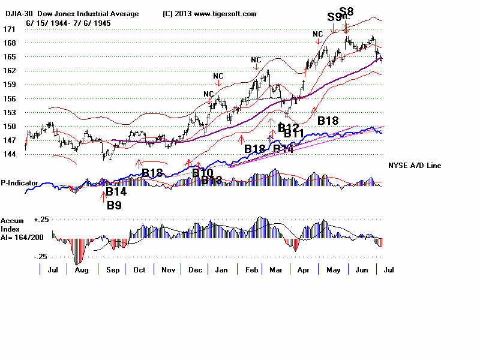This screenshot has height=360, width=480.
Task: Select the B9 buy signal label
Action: click(114, 205)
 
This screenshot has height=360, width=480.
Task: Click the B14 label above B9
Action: click(116, 192)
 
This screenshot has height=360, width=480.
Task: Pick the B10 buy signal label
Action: click(203, 173)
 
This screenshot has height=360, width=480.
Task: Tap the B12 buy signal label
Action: click(288, 127)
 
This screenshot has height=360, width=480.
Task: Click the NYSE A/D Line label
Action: click(418, 164)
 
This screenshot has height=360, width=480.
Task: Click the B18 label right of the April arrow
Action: click(328, 121)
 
